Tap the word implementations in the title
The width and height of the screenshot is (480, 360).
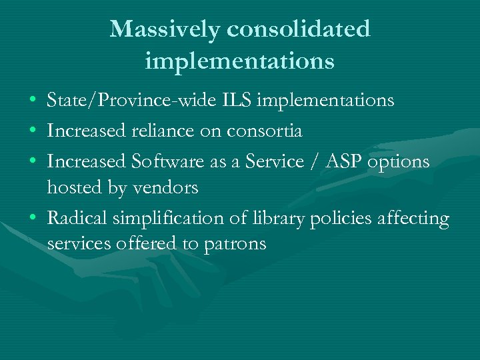[239, 61]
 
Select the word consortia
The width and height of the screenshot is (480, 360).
[265, 131]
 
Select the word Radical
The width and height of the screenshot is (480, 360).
[77, 219]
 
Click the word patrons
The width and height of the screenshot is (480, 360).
[233, 245]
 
